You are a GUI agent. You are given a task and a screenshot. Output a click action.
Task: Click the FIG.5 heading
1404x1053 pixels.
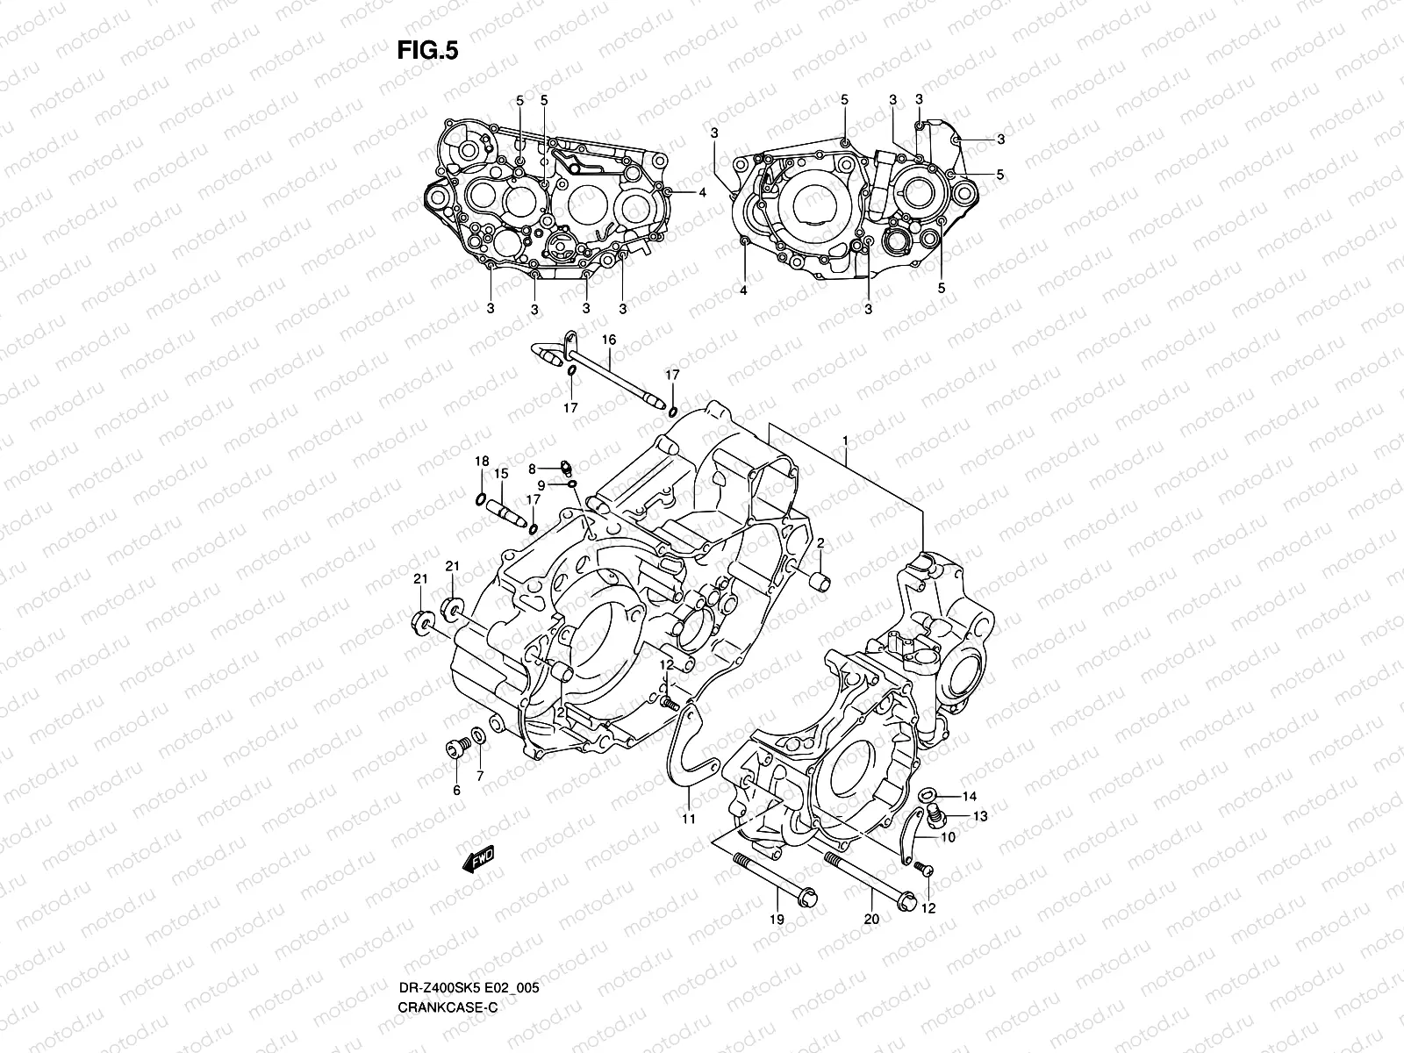pos(427,51)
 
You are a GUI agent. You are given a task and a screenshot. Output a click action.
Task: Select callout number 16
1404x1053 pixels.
pos(608,340)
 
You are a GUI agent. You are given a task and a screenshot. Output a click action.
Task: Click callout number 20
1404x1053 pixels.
pos(870,919)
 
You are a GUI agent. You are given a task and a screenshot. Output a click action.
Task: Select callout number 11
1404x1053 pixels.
pos(689,819)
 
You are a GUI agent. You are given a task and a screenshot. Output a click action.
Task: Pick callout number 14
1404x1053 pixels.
pos(969,797)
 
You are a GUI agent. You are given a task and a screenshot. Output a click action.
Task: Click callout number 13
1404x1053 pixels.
pos(980,816)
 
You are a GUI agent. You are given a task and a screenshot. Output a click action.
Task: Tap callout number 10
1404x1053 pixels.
pos(949,837)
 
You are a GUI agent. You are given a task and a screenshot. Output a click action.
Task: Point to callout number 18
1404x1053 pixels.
pos(482,462)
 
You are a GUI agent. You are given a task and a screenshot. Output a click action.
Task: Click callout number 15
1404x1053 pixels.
pos(501,474)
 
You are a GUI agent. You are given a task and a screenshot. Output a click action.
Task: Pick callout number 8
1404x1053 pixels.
pos(531,469)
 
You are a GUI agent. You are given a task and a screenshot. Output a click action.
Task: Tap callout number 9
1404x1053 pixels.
pos(541,485)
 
